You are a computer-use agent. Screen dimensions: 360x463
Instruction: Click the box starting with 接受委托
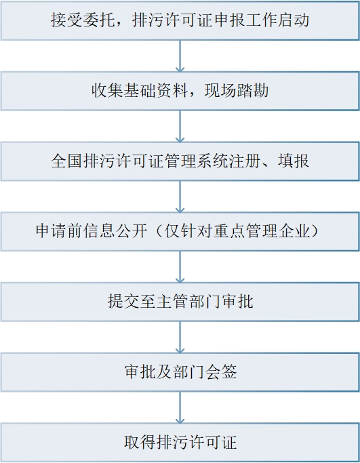click(x=180, y=20)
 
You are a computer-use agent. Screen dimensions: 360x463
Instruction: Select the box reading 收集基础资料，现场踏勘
click(x=180, y=91)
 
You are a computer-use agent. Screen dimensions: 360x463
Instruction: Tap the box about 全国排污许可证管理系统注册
click(x=180, y=161)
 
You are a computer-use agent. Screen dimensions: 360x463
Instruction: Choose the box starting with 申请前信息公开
click(x=180, y=232)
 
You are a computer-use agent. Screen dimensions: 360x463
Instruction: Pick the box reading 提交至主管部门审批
click(x=180, y=302)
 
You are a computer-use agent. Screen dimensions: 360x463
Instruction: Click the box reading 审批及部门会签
click(x=180, y=372)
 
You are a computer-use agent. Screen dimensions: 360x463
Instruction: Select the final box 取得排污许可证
click(x=180, y=443)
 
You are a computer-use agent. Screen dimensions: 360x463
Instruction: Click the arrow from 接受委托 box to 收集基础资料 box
click(x=180, y=56)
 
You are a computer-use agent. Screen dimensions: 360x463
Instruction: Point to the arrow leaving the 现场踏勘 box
click(x=180, y=126)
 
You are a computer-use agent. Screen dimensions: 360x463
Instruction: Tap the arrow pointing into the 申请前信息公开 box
click(x=180, y=197)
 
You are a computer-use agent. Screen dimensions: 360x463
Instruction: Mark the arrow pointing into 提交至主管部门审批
click(x=180, y=266)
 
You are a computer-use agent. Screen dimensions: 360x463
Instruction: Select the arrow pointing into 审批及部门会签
click(x=180, y=337)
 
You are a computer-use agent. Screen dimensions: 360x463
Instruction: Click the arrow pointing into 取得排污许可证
click(x=180, y=407)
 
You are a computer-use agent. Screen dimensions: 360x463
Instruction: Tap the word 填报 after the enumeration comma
click(x=294, y=161)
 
